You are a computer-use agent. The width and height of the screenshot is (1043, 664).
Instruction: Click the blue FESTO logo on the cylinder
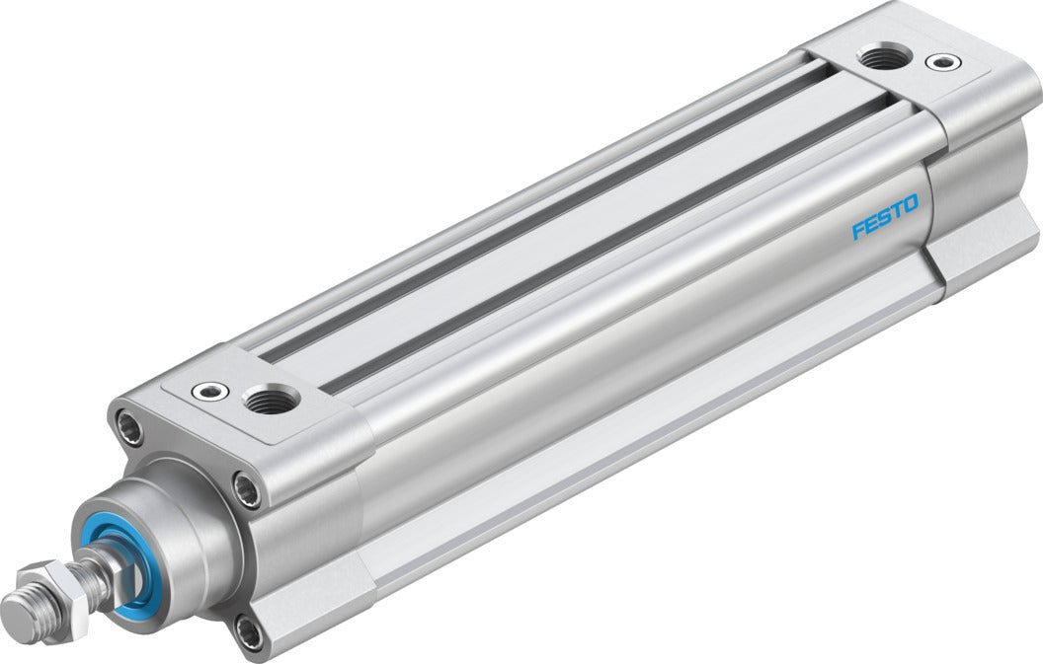click(x=885, y=217)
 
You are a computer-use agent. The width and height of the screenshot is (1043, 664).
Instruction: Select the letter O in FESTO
click(x=910, y=203)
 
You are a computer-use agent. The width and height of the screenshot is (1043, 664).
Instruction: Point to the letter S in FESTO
click(x=885, y=217)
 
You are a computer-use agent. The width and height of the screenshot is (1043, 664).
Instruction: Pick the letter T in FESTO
click(x=897, y=210)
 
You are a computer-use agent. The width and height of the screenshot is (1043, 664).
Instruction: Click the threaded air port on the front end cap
click(x=271, y=401)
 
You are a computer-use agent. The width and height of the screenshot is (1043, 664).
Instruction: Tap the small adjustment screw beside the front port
click(x=210, y=392)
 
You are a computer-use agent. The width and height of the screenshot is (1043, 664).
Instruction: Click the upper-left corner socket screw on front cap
click(x=128, y=427)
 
